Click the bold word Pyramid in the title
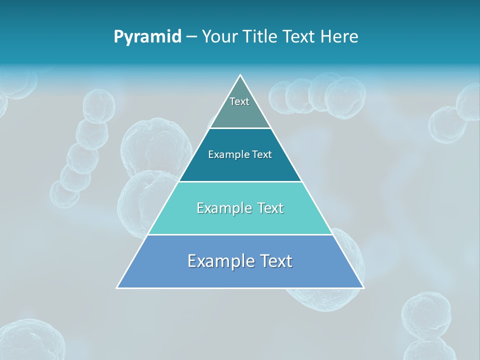coord(147,37)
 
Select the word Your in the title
coord(220,37)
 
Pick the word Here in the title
coord(339,37)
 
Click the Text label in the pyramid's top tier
coord(239,101)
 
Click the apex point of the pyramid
coord(240,75)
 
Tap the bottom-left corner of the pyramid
coord(117,287)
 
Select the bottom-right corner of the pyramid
coord(363,287)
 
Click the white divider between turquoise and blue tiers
coord(240,234)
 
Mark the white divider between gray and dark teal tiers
coord(240,128)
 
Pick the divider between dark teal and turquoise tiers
coord(240,181)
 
